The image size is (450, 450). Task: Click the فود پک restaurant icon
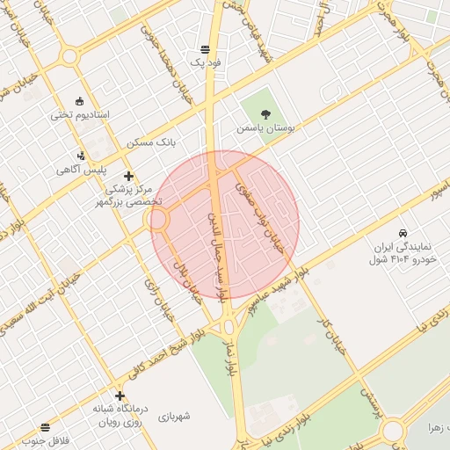(205, 48)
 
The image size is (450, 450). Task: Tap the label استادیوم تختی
(79, 115)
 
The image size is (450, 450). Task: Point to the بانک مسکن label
(152, 142)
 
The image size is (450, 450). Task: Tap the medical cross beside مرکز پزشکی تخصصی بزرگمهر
(129, 176)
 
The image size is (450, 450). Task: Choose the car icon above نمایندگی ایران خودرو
(402, 234)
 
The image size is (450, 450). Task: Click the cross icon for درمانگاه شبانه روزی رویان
(120, 396)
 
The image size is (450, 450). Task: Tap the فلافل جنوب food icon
(46, 426)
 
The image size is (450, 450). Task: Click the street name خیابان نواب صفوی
(260, 212)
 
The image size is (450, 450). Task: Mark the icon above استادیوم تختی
(81, 99)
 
